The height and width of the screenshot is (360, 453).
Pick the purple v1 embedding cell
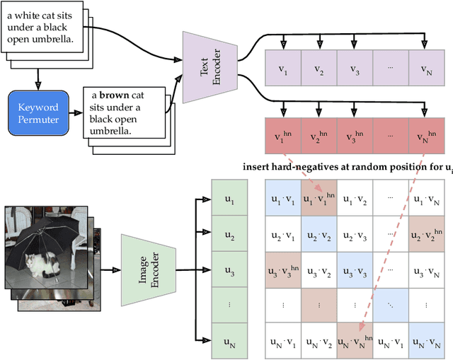(282, 70)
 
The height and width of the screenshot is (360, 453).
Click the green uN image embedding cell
(229, 341)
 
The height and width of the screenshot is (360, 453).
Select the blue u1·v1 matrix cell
(282, 199)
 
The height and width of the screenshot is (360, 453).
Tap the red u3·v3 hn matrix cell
(282, 269)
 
